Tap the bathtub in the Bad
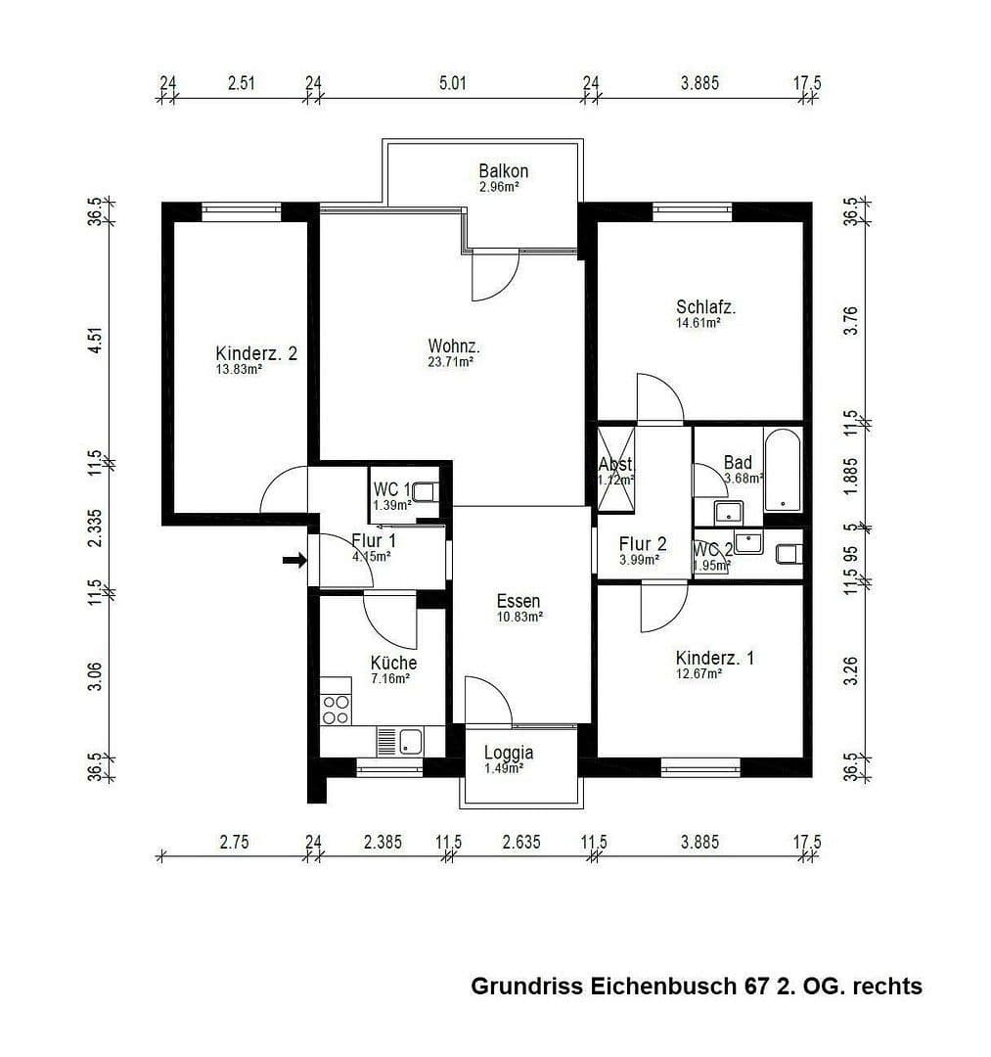pos(783,470)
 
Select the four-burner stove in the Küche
pos(336,709)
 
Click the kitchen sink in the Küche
pos(398,741)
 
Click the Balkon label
pos(504,171)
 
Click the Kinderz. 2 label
pos(255,353)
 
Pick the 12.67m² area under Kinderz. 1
pos(698,673)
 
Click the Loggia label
pos(509,753)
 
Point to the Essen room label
pos(518,602)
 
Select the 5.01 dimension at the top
pos(453,84)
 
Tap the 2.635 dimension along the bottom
pos(520,842)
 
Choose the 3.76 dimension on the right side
pos(850,323)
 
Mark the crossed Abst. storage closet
pos(615,470)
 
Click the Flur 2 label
pos(643,544)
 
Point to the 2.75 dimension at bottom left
pos(231,842)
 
